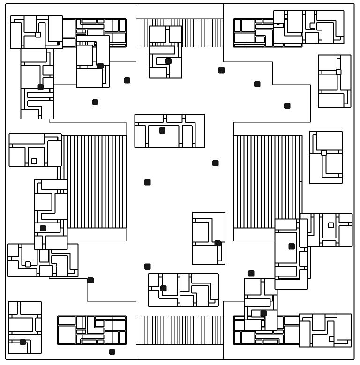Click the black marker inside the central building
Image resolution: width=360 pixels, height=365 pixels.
pos(162,131)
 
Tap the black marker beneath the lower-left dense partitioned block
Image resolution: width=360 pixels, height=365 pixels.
pos(112,351)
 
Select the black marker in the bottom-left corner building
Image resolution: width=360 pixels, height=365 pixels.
pos(22,342)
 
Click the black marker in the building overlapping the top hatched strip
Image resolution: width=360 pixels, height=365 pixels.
pos(168,61)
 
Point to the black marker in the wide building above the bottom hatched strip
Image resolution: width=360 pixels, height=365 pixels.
pos(163,288)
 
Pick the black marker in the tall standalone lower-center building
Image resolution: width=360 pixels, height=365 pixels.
pos(217,243)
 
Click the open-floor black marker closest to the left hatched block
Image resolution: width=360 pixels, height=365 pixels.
pos(147,182)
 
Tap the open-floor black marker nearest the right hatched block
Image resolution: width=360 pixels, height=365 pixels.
pos(216,163)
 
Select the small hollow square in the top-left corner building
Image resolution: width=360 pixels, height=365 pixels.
pos(38,34)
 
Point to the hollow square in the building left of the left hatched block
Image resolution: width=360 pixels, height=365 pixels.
pos(34,161)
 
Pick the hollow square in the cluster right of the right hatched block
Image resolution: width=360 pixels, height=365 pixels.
pos(331,225)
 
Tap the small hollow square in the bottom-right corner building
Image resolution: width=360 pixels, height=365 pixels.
pos(332,337)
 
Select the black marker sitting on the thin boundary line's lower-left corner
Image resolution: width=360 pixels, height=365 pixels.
pos(90,280)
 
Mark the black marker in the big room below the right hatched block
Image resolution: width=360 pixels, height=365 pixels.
pos(292,246)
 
